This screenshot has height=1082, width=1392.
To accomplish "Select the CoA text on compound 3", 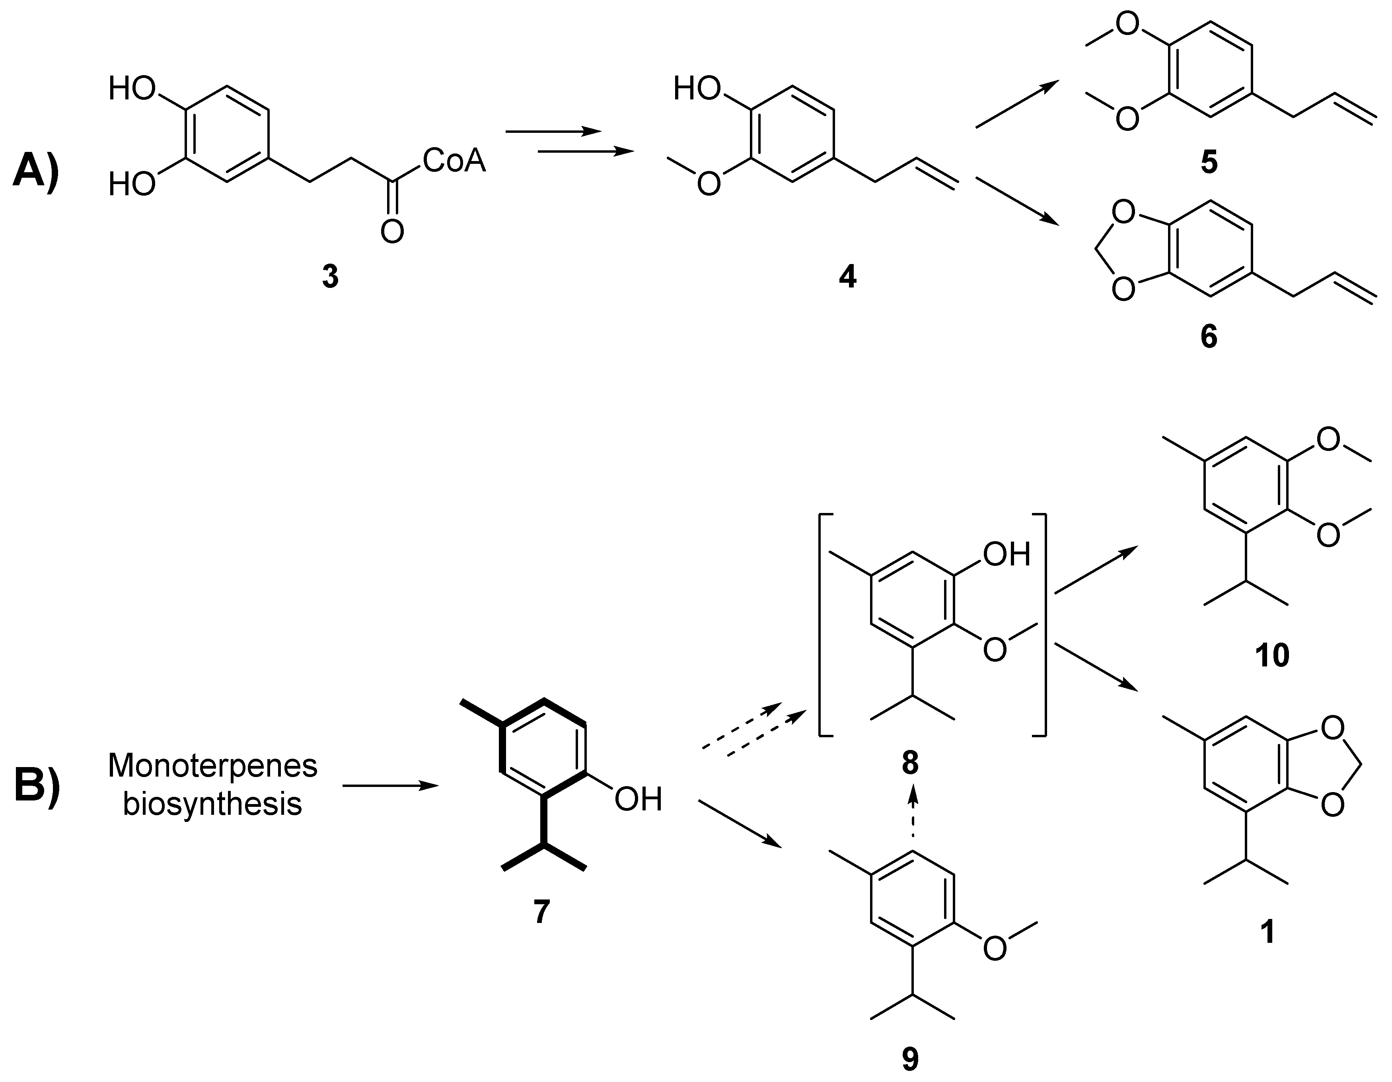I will (454, 161).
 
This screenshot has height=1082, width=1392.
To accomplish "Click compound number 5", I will (1209, 163).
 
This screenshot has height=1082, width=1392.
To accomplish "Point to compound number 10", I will (1271, 655).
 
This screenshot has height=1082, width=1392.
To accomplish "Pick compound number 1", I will (1268, 932).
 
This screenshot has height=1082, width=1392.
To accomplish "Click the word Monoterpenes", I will (212, 765).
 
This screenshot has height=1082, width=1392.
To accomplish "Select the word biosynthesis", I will (212, 804).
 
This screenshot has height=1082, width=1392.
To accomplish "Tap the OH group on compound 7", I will (638, 799).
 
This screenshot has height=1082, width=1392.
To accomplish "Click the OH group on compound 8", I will (1007, 554).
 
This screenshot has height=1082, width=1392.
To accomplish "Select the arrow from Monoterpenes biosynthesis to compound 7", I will (390, 786).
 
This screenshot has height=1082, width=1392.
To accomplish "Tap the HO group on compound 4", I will (697, 89).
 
